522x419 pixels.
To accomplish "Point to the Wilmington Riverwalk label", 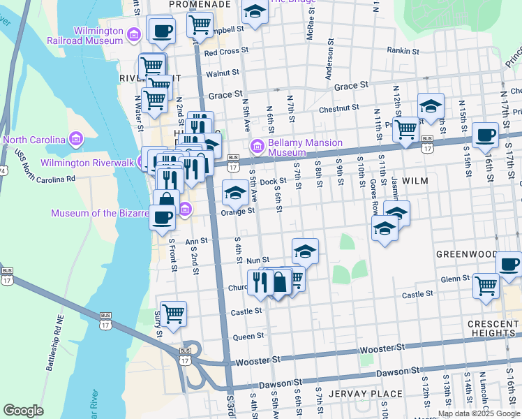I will pos(89,163).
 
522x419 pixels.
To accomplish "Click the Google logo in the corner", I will pos(23,410).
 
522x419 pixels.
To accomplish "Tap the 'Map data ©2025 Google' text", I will pos(479,413).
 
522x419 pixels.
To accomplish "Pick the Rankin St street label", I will pos(403,51).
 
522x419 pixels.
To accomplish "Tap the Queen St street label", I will pos(249,336).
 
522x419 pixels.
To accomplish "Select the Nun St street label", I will pos(258,259).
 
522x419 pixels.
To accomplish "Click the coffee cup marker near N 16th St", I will pos(485,135).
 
